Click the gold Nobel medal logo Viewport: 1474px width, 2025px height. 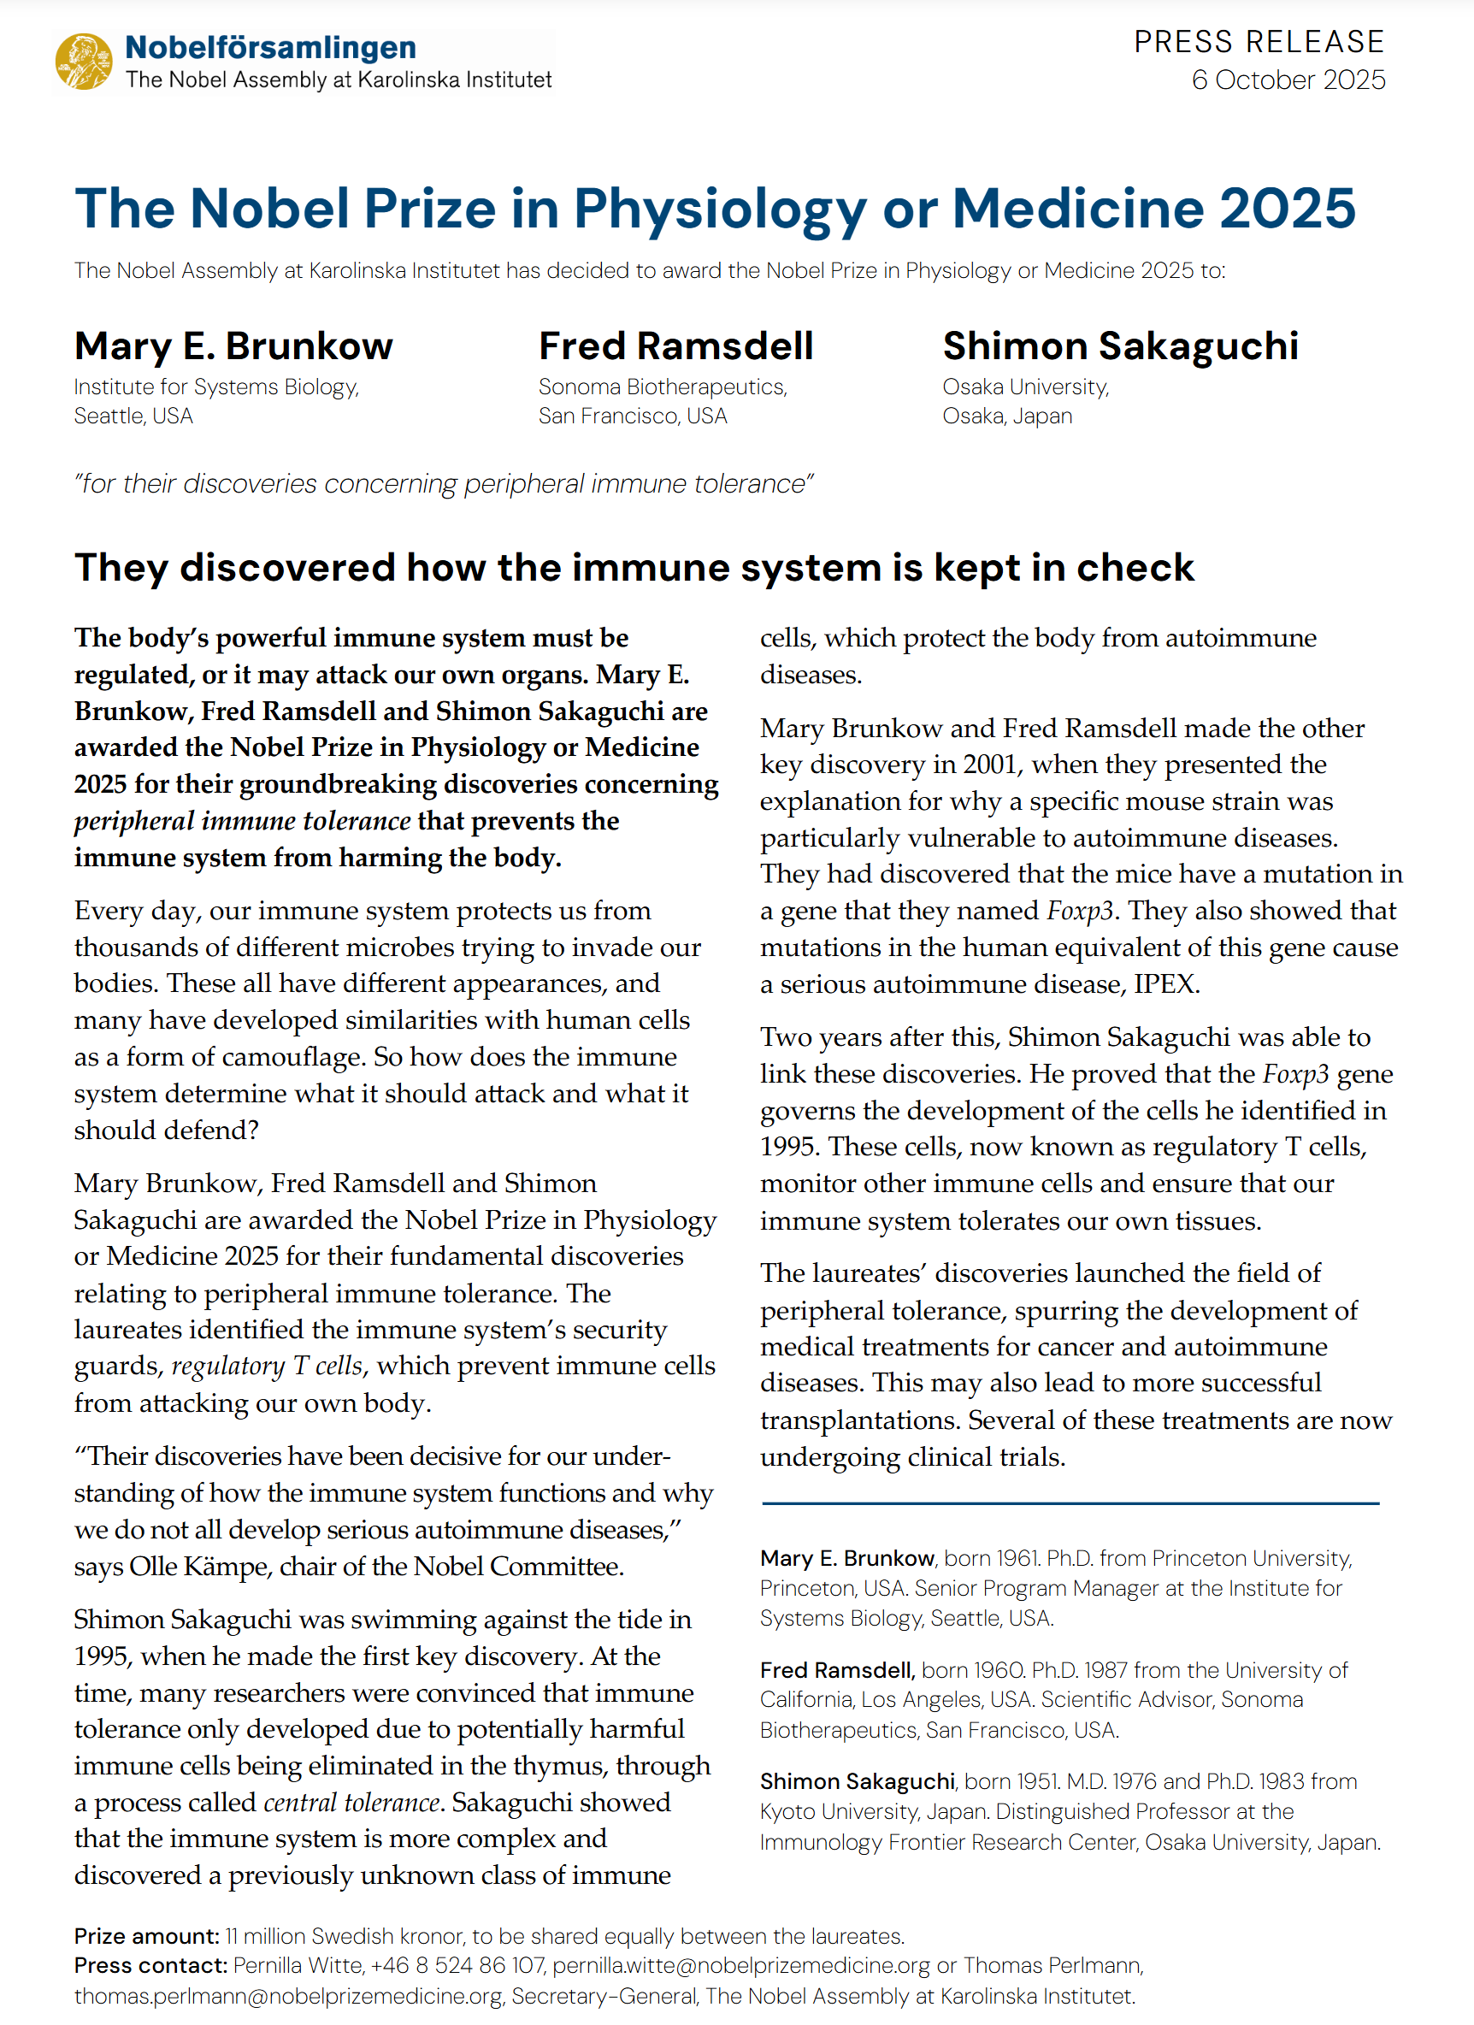point(83,62)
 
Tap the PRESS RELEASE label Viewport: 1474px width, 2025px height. point(1259,42)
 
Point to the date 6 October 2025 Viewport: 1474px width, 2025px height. point(1288,80)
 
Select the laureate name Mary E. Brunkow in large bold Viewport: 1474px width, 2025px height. point(233,346)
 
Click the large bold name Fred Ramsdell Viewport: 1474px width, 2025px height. point(675,346)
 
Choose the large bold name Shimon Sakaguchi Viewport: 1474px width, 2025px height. point(1120,346)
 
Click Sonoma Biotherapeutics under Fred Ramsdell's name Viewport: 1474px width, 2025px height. point(662,387)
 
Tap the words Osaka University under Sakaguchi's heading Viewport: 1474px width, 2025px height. point(1025,387)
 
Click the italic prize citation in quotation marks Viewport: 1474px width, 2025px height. point(444,484)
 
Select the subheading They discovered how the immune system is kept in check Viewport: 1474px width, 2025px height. point(634,568)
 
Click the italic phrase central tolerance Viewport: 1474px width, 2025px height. point(351,1803)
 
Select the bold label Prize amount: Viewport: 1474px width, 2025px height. point(146,1936)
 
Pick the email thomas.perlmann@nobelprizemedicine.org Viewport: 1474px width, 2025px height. point(287,1996)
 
